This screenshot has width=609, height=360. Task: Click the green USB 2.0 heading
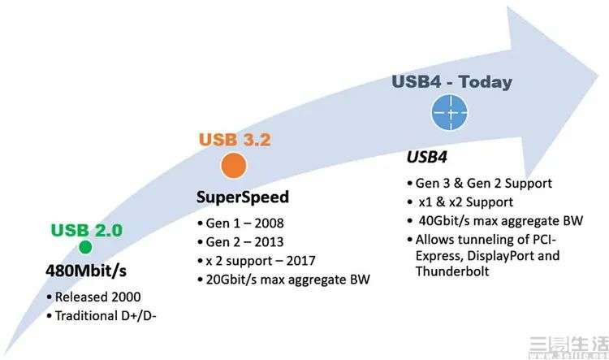pyautogui.click(x=87, y=230)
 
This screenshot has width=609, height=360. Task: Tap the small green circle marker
pyautogui.click(x=85, y=247)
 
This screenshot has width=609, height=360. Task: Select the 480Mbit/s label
pyautogui.click(x=86, y=271)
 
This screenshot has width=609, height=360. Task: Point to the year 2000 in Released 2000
pyautogui.click(x=126, y=297)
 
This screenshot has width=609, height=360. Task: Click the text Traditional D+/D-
pyautogui.click(x=106, y=315)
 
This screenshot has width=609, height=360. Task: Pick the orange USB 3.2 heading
pyautogui.click(x=235, y=140)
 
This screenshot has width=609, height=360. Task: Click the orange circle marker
pyautogui.click(x=234, y=165)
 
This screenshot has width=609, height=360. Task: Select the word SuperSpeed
pyautogui.click(x=242, y=197)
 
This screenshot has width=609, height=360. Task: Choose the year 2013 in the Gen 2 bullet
pyautogui.click(x=269, y=242)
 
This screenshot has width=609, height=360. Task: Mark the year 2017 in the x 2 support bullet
pyautogui.click(x=300, y=261)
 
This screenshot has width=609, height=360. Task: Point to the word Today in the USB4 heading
pyautogui.click(x=485, y=82)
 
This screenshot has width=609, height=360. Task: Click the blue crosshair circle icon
pyautogui.click(x=450, y=112)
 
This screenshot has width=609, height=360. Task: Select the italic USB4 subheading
pyautogui.click(x=426, y=157)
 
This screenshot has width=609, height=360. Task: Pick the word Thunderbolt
pyautogui.click(x=452, y=271)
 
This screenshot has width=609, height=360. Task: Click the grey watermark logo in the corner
pyautogui.click(x=568, y=347)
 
